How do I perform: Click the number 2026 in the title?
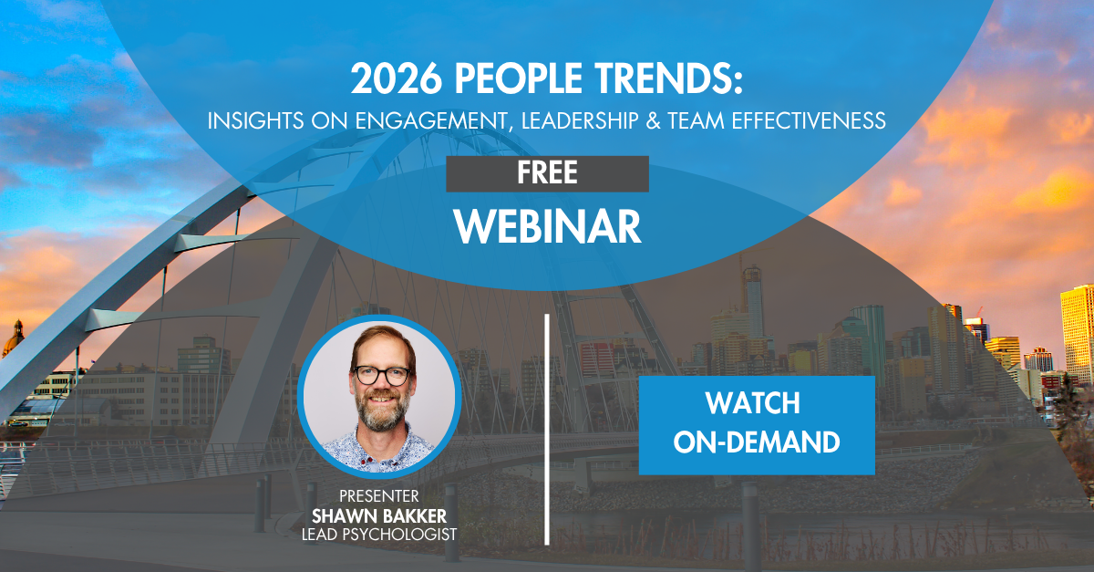[x=397, y=78]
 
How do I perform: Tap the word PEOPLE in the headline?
[x=518, y=78]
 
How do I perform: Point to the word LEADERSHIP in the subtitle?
[x=580, y=120]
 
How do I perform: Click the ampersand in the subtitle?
[x=653, y=120]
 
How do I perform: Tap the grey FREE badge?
[x=547, y=173]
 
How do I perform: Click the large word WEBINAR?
[x=548, y=226]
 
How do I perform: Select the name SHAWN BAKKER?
[x=379, y=516]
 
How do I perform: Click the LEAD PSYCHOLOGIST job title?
[x=379, y=535]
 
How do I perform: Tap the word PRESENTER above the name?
[x=379, y=496]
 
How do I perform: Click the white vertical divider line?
[x=547, y=430]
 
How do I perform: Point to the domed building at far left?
[x=12, y=338]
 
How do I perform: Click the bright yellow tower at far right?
[x=1077, y=332]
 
